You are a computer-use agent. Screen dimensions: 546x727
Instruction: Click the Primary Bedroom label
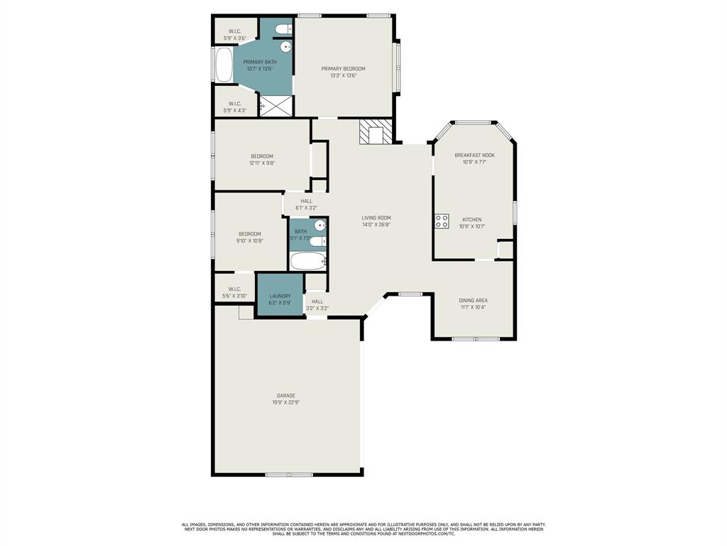pos(343,69)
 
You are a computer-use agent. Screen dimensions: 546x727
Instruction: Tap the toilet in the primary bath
pos(282,29)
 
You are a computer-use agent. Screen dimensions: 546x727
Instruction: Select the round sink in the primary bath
pos(286,47)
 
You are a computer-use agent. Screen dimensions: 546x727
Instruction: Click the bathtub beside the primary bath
pos(224,65)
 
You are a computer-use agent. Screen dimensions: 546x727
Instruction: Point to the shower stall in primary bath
pos(276,106)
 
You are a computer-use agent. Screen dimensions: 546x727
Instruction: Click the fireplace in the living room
pos(376,132)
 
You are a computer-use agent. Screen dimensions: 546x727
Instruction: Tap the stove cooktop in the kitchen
pos(442,221)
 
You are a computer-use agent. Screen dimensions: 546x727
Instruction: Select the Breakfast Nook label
pos(474,155)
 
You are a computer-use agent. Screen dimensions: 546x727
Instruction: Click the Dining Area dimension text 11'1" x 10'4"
pos(473,307)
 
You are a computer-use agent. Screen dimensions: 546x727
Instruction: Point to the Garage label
pos(286,395)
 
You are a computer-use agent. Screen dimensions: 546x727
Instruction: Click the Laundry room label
pos(280,296)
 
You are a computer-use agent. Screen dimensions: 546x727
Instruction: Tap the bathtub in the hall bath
pos(307,261)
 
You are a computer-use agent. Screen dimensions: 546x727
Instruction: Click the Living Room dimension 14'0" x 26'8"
pos(376,225)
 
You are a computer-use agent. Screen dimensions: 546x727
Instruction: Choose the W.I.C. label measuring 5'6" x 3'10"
pos(234,296)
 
